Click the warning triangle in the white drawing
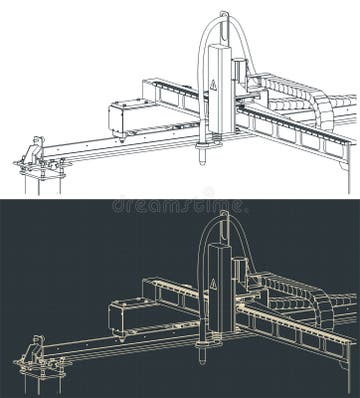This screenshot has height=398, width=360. click(213, 86)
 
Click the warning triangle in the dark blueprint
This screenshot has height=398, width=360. click(213, 285)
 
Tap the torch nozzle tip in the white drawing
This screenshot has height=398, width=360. click(204, 159)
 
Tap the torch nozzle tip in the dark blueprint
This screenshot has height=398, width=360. click(204, 358)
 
